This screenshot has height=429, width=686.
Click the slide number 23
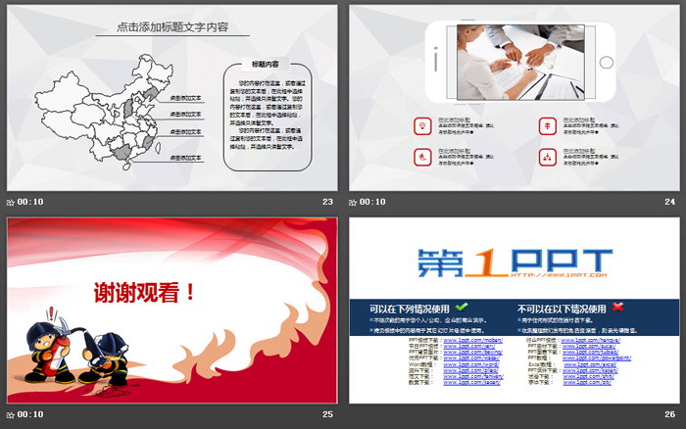[327, 202]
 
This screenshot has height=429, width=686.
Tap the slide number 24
[670, 202]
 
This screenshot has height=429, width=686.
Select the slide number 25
[327, 414]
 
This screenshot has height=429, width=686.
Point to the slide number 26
[670, 414]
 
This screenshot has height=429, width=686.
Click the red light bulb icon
[420, 125]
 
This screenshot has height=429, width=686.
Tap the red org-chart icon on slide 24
[546, 156]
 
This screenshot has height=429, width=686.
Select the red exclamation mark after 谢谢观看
[190, 291]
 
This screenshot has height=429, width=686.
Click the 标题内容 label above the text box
[266, 63]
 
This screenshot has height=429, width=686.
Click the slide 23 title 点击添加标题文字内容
[171, 27]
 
